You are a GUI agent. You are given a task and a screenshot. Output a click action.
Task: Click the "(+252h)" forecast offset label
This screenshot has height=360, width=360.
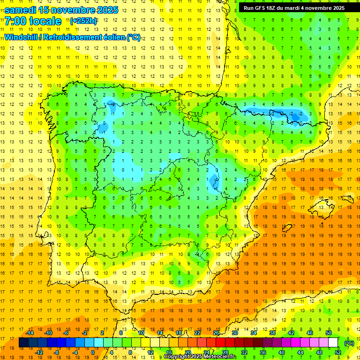pyautogui.click(x=83, y=21)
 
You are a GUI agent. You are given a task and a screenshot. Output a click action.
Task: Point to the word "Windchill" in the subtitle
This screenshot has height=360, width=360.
pyautogui.click(x=21, y=37)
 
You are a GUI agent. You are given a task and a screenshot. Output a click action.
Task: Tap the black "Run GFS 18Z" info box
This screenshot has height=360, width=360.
pyautogui.click(x=294, y=8)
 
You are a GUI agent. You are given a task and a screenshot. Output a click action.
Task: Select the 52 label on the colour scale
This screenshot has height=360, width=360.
pyautogui.click(x=338, y=352)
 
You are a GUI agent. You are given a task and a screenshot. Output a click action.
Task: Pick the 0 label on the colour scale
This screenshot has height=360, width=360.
pyautogui.click(x=93, y=352)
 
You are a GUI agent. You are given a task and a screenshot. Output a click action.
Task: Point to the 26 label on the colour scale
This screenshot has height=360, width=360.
pyautogui.click(x=216, y=333)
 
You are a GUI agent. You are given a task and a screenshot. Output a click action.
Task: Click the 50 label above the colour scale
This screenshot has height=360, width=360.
pyautogui.click(x=329, y=333)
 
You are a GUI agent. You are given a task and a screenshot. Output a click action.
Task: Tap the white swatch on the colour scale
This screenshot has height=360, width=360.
pyautogui.click(x=333, y=343)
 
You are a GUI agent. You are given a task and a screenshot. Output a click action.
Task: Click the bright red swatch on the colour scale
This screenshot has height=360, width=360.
pyautogui.click(x=221, y=343)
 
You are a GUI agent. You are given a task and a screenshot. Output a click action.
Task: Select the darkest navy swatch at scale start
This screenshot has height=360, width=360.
pyautogui.click(x=23, y=343)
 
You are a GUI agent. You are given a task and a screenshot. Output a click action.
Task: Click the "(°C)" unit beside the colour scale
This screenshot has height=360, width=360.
pyautogui.click(x=349, y=343)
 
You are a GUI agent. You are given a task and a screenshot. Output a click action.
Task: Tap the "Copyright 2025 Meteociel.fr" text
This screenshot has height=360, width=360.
pyautogui.click(x=200, y=357)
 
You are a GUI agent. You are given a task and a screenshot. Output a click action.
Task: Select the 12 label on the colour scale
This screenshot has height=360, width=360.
pyautogui.click(x=151, y=352)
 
